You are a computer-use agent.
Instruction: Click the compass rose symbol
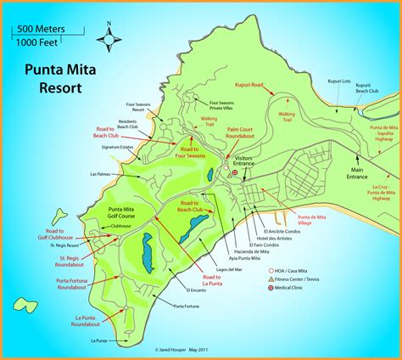(x=108, y=38)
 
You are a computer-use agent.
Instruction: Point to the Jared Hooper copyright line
(x=200, y=348)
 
